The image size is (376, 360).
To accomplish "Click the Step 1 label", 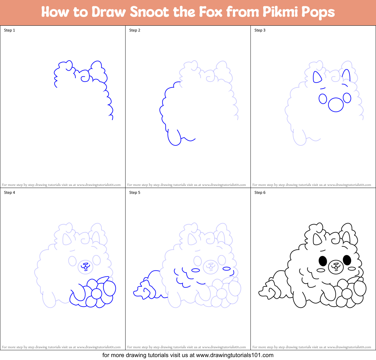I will point(9,30).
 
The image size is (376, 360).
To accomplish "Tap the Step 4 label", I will point(9,193).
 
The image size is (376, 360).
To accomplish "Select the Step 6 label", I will point(260,193).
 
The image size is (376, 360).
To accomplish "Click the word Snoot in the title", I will point(150,12).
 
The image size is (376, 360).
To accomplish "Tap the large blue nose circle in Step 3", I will point(336,104).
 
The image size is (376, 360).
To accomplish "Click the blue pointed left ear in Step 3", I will point(317,77).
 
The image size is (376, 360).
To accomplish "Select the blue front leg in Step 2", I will point(174,138).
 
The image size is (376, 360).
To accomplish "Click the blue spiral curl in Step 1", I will point(85,77).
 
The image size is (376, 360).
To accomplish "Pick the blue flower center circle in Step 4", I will point(96,294).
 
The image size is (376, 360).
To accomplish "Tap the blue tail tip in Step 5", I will point(141,290).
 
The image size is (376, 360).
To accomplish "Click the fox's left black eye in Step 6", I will point(323,260).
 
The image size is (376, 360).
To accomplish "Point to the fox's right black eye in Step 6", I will point(347,260).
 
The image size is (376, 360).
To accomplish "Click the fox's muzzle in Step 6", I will point(335,267).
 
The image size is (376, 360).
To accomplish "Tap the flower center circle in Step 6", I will point(347,294).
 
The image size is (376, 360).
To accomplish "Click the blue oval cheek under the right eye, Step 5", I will point(226,269).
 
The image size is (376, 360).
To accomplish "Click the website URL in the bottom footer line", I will point(235,355).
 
